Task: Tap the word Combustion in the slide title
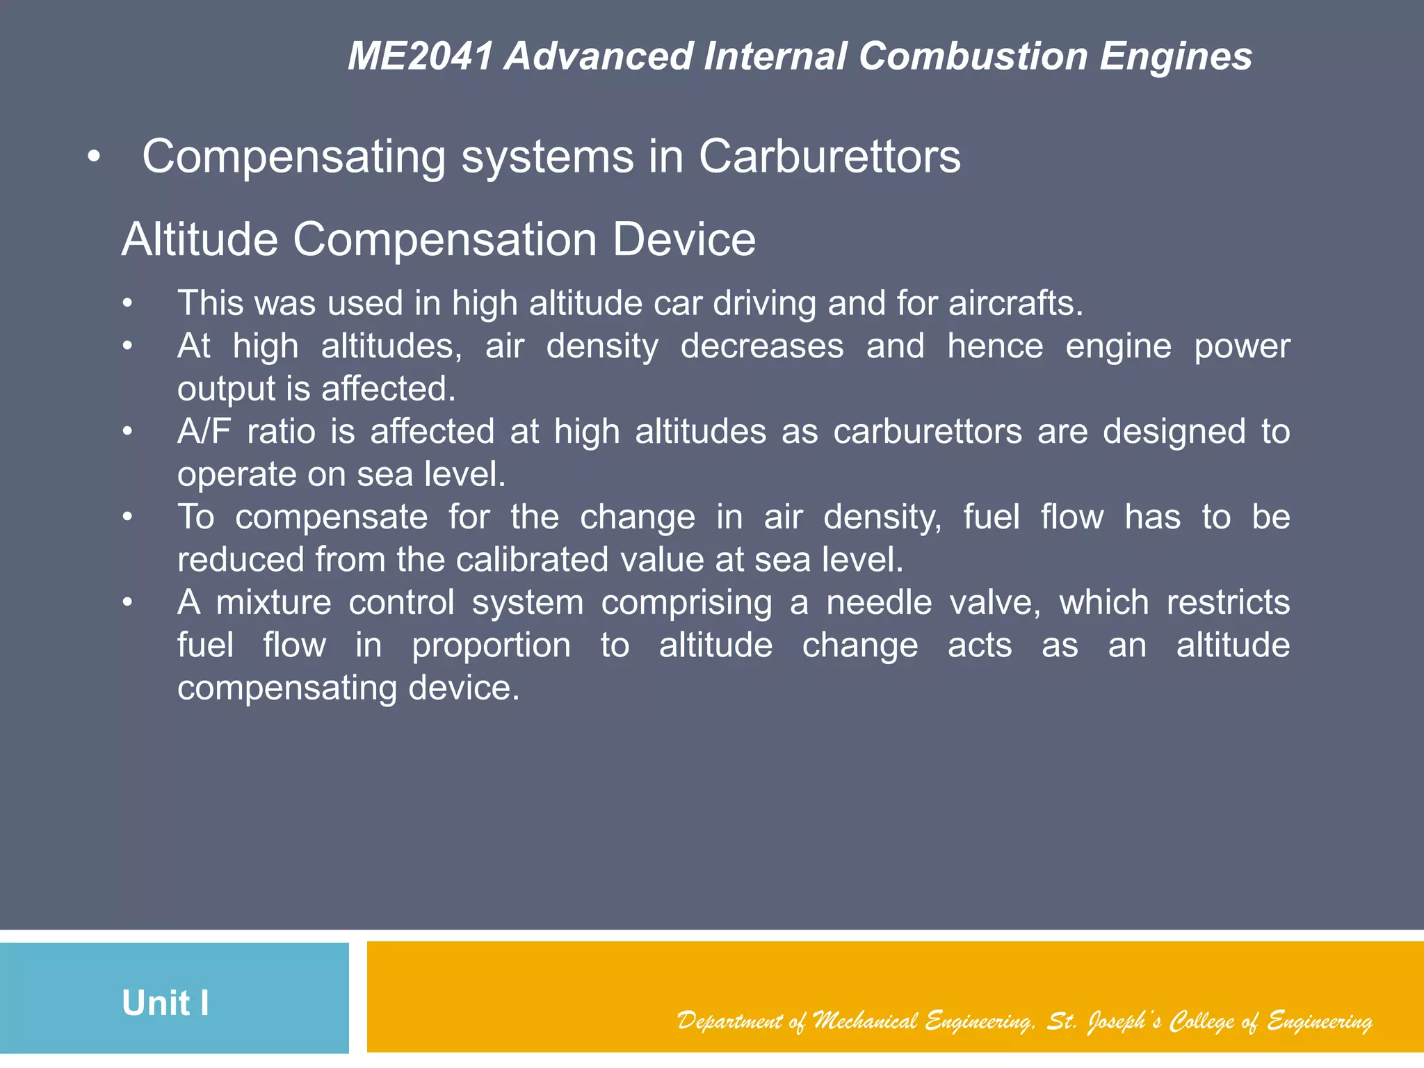click(x=973, y=56)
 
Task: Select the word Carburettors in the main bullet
click(x=830, y=156)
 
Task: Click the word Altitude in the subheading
click(x=200, y=240)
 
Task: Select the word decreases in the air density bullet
click(x=761, y=346)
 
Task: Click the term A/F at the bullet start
click(x=204, y=432)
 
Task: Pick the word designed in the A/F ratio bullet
click(x=1174, y=432)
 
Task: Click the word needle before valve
click(x=879, y=603)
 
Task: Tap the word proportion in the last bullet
click(x=491, y=646)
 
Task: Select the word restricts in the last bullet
click(x=1228, y=603)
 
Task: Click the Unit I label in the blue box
click(x=165, y=1003)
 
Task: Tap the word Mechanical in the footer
click(x=865, y=1021)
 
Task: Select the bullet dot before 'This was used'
click(x=127, y=304)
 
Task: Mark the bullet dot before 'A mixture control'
click(x=127, y=603)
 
